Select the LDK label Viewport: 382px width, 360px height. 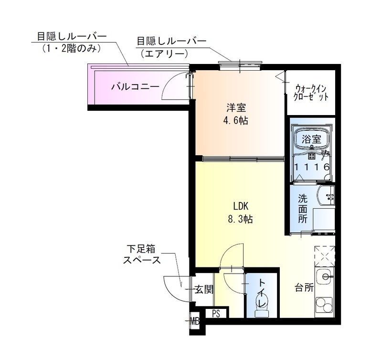(x=241, y=206)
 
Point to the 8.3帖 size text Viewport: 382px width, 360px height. (x=240, y=220)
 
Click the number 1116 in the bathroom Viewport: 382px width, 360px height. (x=311, y=167)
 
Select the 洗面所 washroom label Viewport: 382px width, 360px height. (x=303, y=209)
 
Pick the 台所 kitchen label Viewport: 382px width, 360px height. (x=304, y=288)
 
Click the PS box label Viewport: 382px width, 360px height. (x=216, y=314)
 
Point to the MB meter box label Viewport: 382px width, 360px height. (x=195, y=321)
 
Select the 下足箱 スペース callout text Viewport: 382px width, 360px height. (x=142, y=254)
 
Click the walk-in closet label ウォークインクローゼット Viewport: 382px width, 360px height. (x=311, y=92)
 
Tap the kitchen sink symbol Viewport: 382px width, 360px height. (x=326, y=276)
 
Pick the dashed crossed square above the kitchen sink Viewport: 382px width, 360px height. (x=325, y=255)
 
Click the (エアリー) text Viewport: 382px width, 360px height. (x=162, y=54)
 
